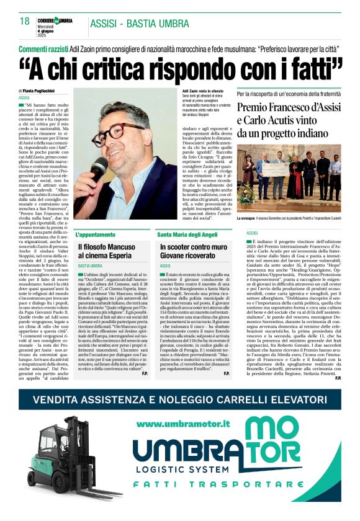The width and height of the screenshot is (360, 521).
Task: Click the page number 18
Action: click(x=25, y=22)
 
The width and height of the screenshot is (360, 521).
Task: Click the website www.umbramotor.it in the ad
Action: click(x=184, y=424)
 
